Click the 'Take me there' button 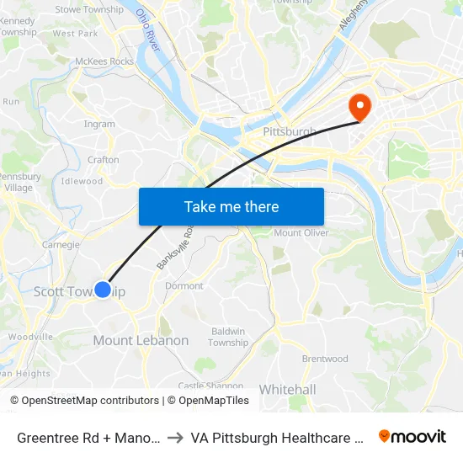coord(231,206)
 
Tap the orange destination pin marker coord(360,107)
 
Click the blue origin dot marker coord(103,290)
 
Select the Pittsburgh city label coord(289,132)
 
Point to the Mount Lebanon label coord(141,340)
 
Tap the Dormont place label coord(184,285)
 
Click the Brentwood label coord(325,359)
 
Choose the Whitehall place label coord(287,389)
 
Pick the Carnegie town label coord(61,245)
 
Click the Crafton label coord(104,159)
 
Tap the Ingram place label coord(99,124)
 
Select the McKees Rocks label coord(104,61)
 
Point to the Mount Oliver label coord(301,232)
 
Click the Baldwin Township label coord(228,337)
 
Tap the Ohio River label coord(148,30)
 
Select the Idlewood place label coord(82,181)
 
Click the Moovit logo coord(412,436)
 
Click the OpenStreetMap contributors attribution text coord(84,401)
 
